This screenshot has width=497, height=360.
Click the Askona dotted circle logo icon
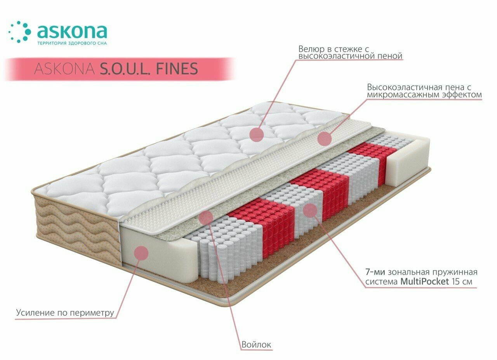pyautogui.click(x=19, y=32)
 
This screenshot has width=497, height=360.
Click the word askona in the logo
pyautogui.click(x=72, y=31)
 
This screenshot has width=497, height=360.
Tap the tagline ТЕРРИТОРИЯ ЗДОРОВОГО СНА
pyautogui.click(x=72, y=43)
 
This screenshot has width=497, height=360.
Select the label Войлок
pyautogui.click(x=256, y=344)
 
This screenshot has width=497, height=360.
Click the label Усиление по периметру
pyautogui.click(x=65, y=312)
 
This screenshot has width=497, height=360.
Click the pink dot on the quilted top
pyautogui.click(x=257, y=134)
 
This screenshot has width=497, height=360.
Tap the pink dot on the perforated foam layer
pyautogui.click(x=324, y=138)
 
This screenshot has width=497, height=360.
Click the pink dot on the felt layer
pyautogui.click(x=205, y=217)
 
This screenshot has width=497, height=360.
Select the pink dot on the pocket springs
pyautogui.click(x=310, y=210)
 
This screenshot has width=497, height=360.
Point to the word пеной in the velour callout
pyautogui.click(x=389, y=57)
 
